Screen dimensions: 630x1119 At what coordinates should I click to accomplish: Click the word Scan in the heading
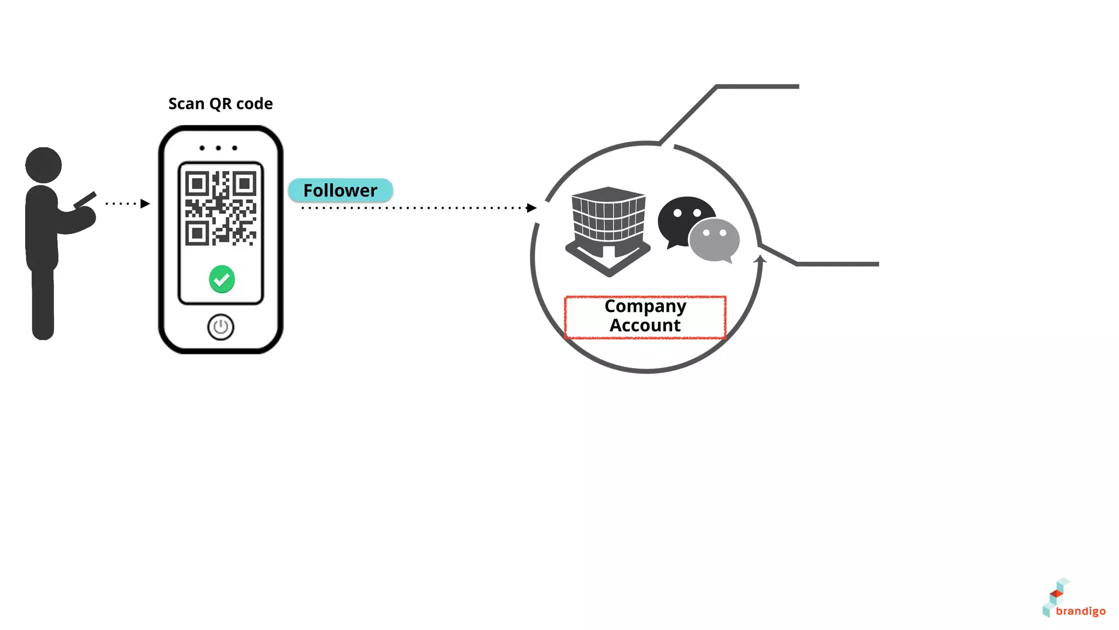[186, 103]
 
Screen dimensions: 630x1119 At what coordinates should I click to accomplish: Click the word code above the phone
[254, 103]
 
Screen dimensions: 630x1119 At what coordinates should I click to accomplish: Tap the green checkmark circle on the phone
[222, 279]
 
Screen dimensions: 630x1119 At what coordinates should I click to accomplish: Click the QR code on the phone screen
[221, 208]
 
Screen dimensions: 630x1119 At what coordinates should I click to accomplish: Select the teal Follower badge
[340, 190]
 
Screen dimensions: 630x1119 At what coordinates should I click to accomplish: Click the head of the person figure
[44, 164]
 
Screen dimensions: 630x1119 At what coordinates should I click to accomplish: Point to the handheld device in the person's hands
[85, 200]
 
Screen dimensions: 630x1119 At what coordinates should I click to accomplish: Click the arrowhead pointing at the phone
[145, 203]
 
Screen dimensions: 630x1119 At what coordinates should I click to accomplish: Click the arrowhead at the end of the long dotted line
[531, 208]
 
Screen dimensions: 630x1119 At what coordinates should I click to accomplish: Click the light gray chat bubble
[715, 240]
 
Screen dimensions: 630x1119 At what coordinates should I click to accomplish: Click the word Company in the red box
[645, 306]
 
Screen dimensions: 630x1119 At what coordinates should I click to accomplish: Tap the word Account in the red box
[645, 325]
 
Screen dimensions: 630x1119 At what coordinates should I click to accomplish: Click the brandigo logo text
[1080, 611]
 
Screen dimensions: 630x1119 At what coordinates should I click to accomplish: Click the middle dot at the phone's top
[218, 148]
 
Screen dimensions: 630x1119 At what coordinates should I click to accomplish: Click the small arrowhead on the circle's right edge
[759, 259]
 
